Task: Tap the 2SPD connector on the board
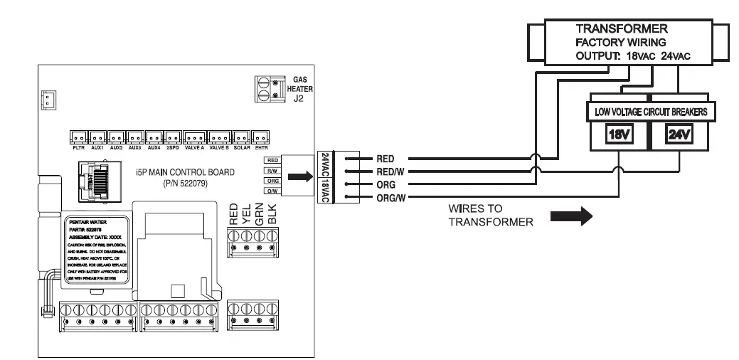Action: pyautogui.click(x=171, y=136)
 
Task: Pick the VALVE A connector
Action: pyautogui.click(x=194, y=136)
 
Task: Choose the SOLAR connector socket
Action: pyautogui.click(x=241, y=136)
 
